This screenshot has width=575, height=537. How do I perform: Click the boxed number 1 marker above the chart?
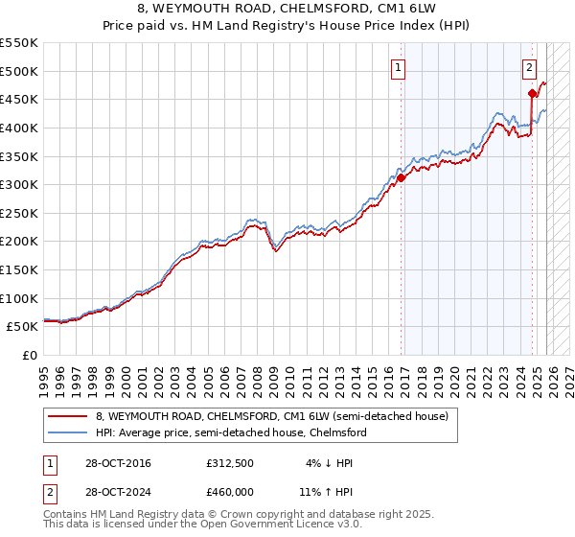(x=397, y=67)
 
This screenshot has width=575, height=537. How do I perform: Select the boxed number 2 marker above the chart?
(x=529, y=67)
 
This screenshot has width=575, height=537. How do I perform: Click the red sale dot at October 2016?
(x=402, y=177)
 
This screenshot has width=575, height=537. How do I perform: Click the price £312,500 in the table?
(x=230, y=463)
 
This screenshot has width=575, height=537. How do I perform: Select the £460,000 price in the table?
(x=230, y=491)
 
